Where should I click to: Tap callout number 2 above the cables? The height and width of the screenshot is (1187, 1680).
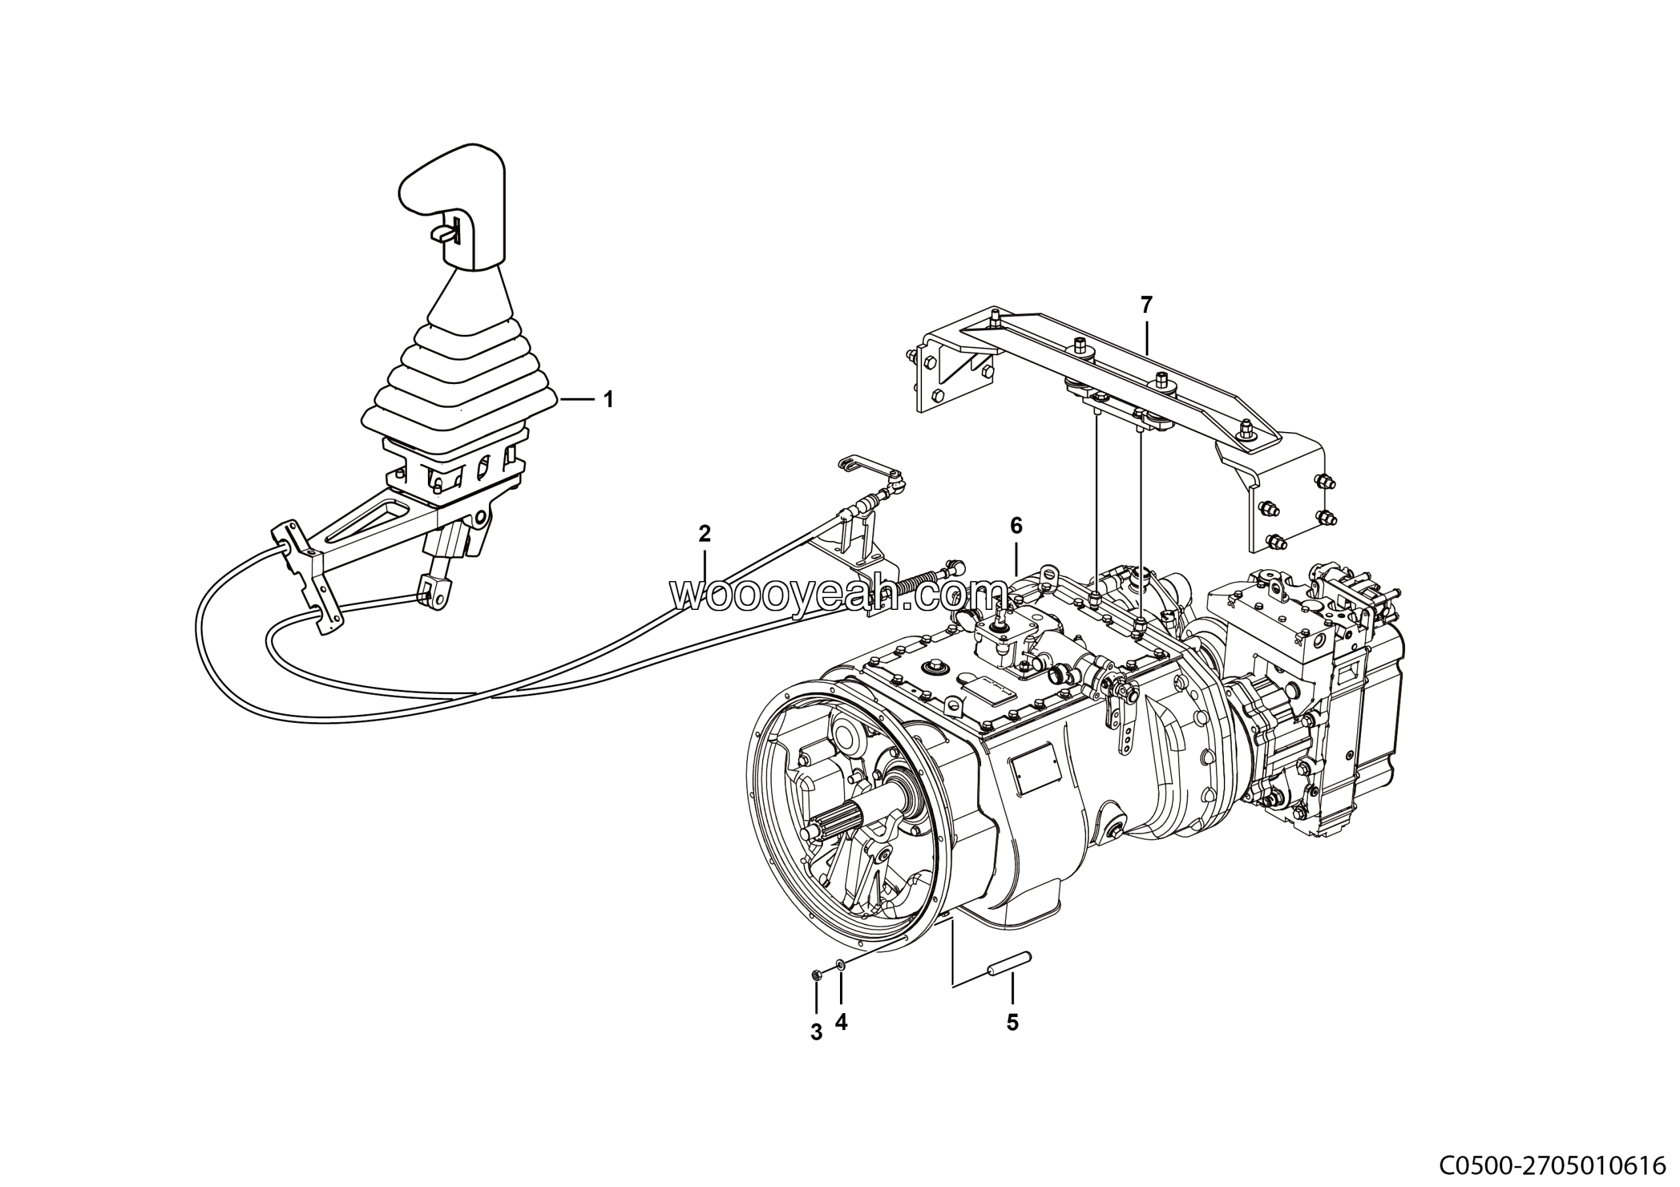705,534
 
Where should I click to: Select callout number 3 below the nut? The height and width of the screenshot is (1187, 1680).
816,1033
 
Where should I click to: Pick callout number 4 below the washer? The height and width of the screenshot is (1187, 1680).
841,1022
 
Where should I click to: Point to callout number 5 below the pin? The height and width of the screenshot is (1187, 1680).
1013,1023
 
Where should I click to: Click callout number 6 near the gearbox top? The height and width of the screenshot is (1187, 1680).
1017,525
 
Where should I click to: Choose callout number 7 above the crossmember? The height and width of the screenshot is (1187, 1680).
1146,305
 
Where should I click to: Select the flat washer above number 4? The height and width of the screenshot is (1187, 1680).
841,966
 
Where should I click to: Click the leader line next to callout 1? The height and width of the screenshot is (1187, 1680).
577,400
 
